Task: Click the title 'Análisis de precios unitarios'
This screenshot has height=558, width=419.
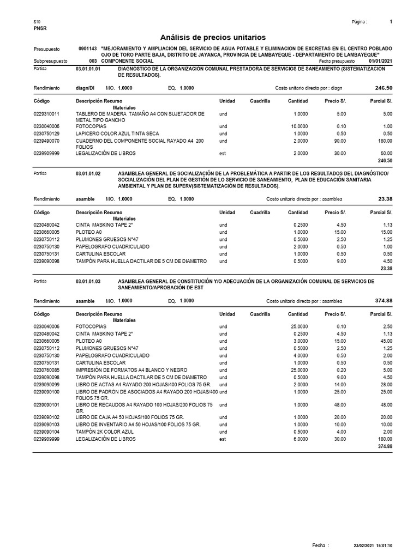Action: click(x=213, y=37)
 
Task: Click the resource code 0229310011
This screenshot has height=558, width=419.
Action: click(x=46, y=114)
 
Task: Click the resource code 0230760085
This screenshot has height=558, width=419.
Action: click(x=46, y=370)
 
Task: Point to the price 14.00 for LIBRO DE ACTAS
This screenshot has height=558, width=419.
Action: click(x=339, y=385)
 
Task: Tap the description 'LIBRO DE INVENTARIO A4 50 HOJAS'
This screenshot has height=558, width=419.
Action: click(x=138, y=423)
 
